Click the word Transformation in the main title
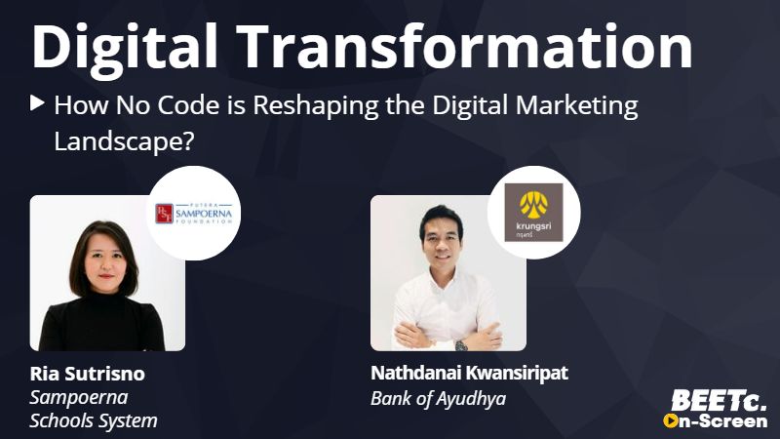465,46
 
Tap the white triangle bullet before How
37,103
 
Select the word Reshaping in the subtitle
315,107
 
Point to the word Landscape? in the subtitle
124,141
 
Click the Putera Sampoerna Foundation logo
194,214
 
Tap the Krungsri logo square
533,213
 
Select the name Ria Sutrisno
88,374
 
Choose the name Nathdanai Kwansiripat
469,373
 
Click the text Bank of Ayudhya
438,399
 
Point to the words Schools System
94,421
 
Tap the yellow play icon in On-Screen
671,421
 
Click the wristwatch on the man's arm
461,345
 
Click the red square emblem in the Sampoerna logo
164,214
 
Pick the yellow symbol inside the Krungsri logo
533,206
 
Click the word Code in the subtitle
188,105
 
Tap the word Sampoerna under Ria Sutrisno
79,398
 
